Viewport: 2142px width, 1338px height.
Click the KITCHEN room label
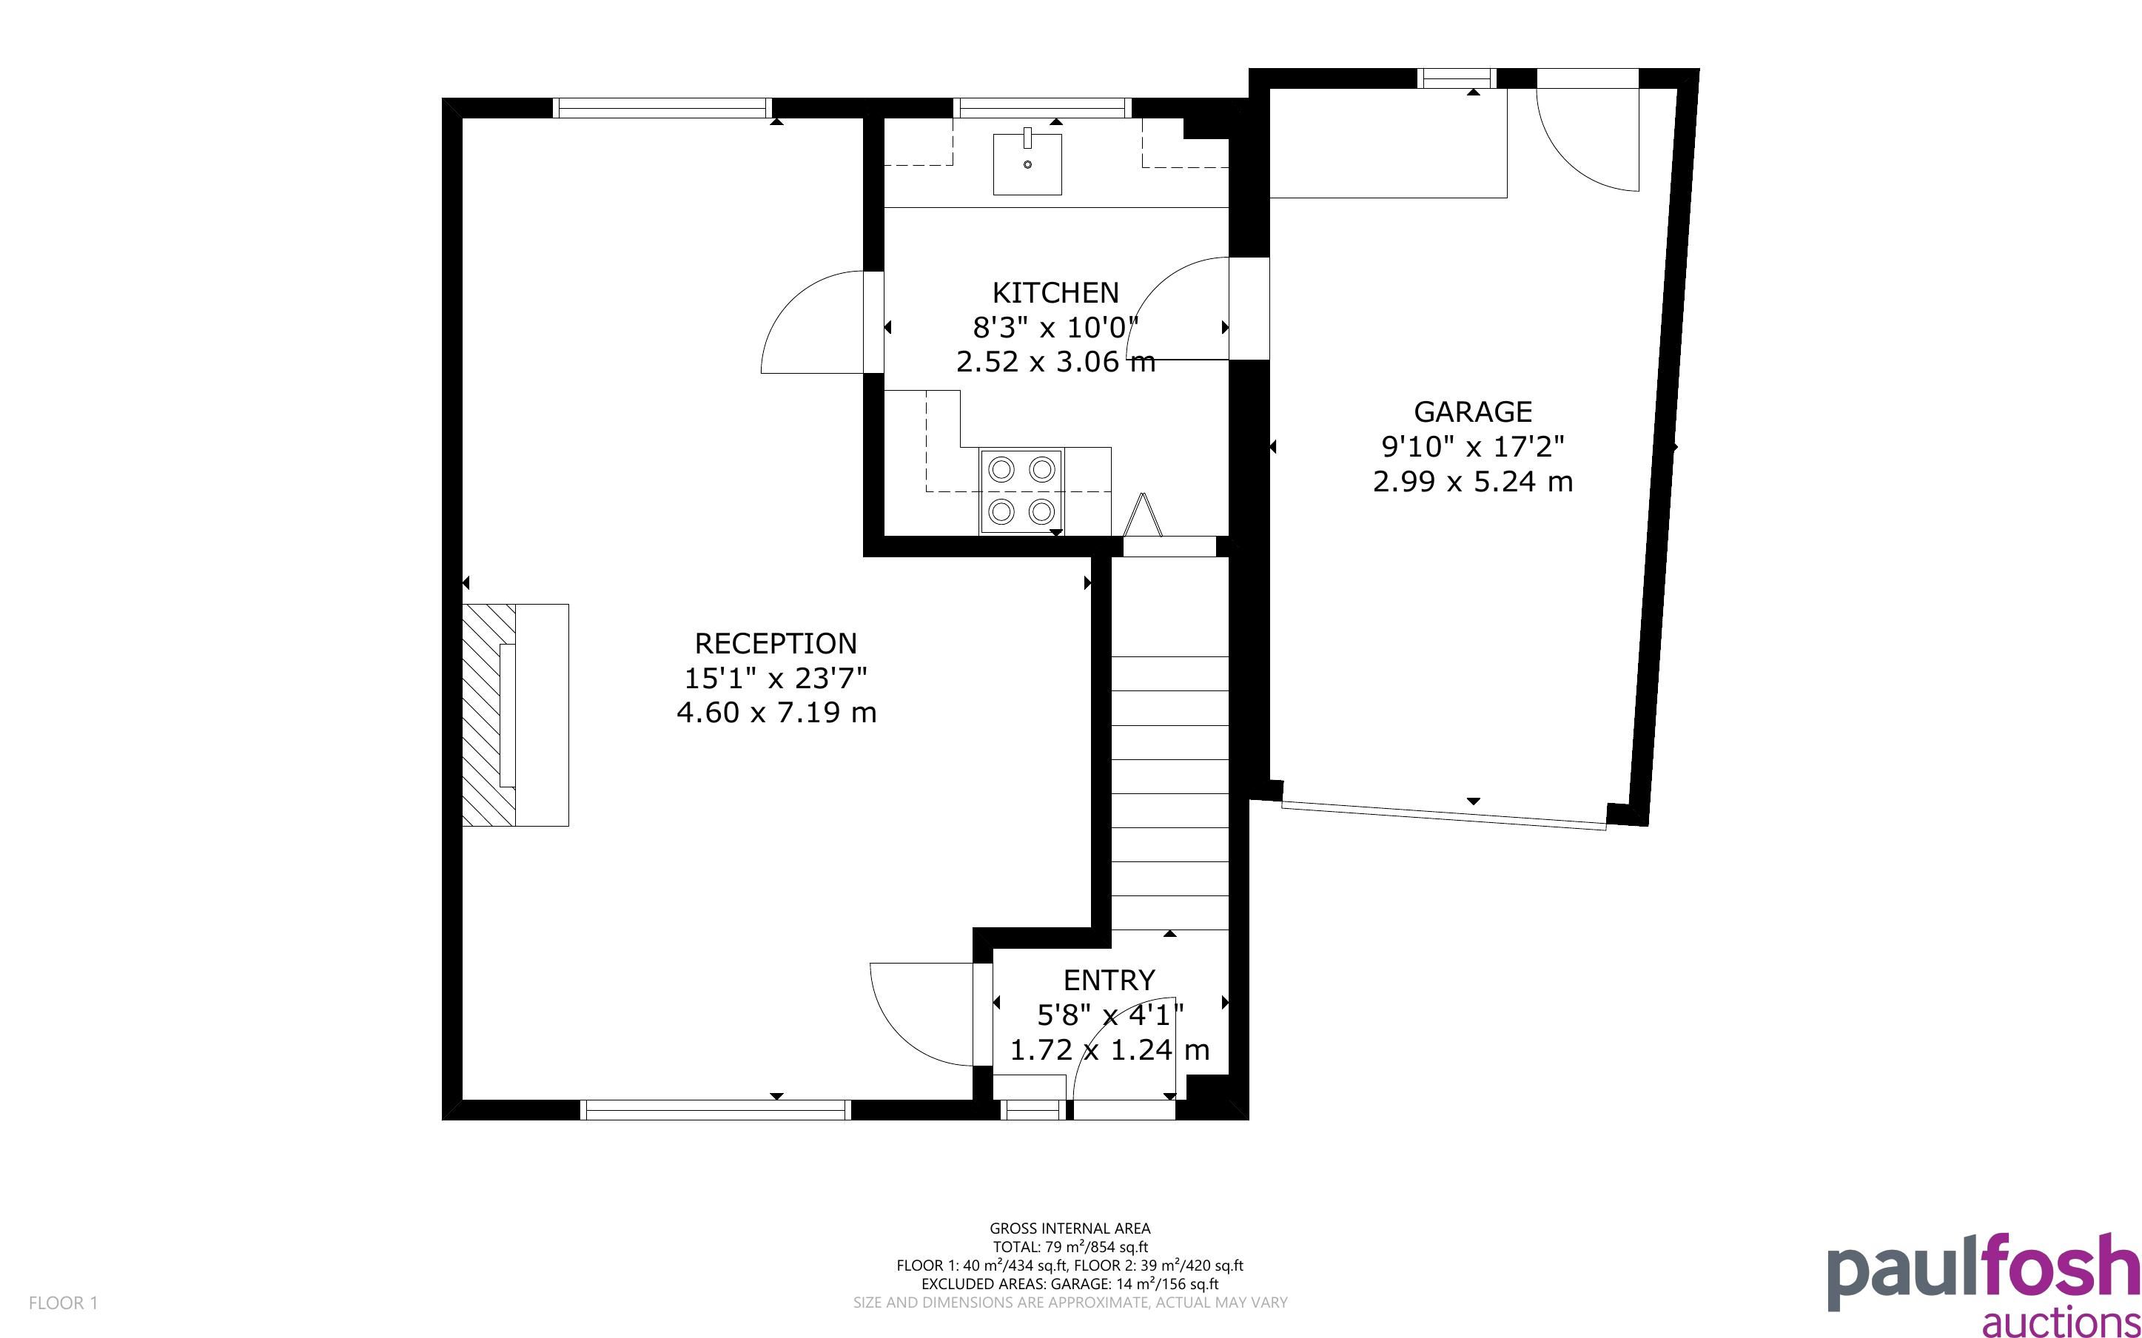1055,292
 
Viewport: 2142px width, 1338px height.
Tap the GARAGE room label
1472,411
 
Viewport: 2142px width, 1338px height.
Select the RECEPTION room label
775,643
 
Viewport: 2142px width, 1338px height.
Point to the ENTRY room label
1109,981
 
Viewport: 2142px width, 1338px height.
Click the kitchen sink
1027,164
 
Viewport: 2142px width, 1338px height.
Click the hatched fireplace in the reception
489,715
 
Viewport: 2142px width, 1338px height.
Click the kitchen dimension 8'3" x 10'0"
1055,327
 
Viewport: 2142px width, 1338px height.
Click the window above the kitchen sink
1042,108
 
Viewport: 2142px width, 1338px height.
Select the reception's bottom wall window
715,1109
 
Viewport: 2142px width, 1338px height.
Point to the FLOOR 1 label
63,1302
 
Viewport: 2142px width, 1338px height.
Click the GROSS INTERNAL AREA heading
1070,1228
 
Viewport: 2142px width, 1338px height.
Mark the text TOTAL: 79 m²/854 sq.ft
1070,1247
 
